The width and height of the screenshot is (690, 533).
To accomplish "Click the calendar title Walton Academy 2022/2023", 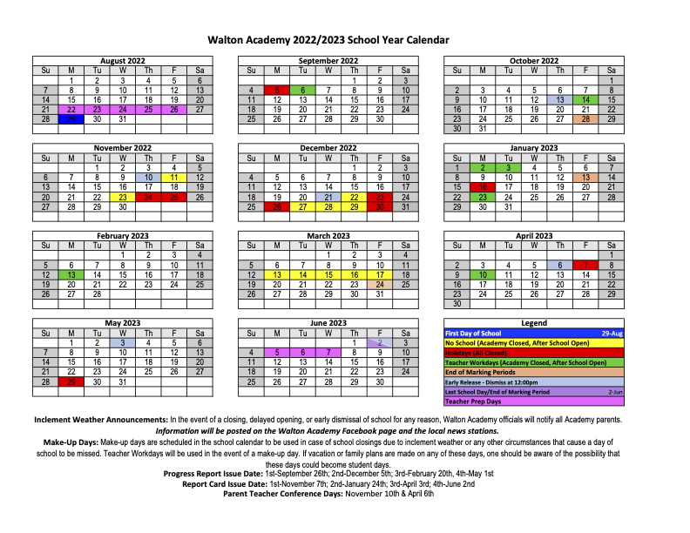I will (328, 39).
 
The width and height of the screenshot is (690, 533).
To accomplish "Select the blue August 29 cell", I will (71, 119).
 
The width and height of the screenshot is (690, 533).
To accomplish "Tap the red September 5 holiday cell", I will (277, 90).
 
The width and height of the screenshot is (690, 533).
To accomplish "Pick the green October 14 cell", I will (585, 100).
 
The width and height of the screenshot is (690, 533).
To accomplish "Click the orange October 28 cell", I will (585, 119).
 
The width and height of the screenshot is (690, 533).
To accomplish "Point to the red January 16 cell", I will (483, 186).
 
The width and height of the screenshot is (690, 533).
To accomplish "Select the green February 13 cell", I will (71, 273).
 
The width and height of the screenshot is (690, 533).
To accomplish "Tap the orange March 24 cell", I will (380, 283).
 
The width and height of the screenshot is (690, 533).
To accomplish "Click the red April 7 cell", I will (585, 264).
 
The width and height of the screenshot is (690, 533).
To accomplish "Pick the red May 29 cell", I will (71, 381).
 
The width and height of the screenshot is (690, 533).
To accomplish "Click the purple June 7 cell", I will (328, 353).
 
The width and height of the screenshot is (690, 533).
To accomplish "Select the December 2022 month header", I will (328, 148).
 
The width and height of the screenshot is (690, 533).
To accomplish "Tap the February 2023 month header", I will (123, 235).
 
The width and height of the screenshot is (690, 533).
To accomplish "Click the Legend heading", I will (534, 323).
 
